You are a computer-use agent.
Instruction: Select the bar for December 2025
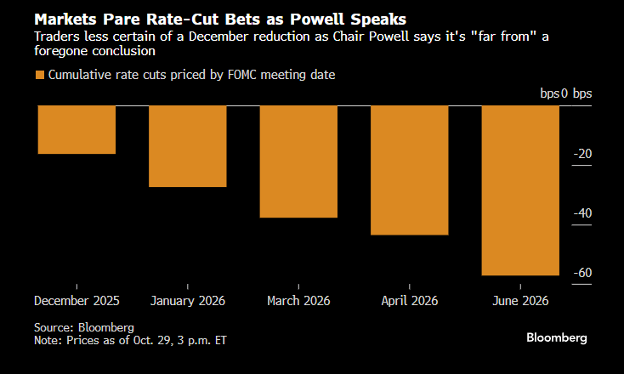click(77, 129)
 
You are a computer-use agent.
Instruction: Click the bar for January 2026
click(188, 145)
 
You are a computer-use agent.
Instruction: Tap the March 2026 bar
click(298, 161)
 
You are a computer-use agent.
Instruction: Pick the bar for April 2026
click(410, 170)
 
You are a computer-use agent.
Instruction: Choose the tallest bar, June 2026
click(520, 190)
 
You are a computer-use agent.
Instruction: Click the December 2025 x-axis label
click(77, 301)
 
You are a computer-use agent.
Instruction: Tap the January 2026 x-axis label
click(188, 301)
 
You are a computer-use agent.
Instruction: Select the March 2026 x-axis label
click(298, 301)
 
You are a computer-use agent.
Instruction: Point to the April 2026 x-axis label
click(410, 301)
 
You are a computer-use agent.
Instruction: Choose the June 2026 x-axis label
click(520, 301)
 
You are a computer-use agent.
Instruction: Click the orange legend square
click(39, 76)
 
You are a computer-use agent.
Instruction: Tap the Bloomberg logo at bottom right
click(557, 337)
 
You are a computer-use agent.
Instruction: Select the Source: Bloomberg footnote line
click(84, 326)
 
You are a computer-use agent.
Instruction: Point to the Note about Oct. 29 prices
click(130, 340)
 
